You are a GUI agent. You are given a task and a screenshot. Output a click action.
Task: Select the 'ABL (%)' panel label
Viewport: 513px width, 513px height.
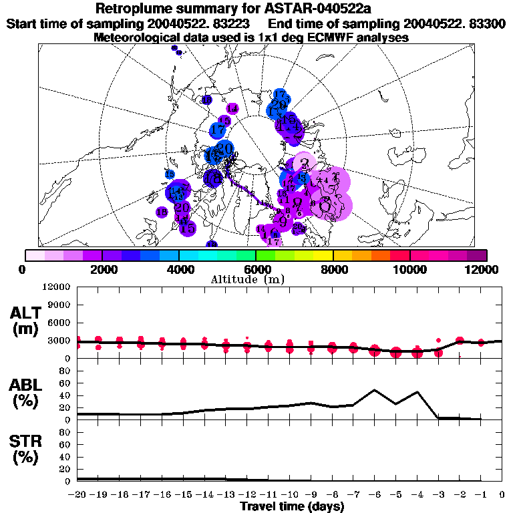[x=27, y=393]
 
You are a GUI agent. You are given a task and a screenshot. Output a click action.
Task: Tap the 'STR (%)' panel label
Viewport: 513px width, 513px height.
[x=27, y=450]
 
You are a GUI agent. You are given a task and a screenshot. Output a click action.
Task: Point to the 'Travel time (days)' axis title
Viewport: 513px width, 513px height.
[x=292, y=507]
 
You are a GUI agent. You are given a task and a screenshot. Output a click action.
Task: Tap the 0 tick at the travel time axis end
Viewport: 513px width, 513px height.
[x=502, y=495]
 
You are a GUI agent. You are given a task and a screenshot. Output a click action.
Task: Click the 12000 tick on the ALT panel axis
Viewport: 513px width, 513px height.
[x=57, y=287]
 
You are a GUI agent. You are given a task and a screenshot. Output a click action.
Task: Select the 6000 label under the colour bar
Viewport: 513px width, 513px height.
[x=256, y=269]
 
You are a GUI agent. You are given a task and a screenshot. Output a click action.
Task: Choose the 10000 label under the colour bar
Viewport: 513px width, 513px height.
[x=410, y=269]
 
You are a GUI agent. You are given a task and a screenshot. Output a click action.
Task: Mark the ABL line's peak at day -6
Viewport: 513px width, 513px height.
[x=375, y=390]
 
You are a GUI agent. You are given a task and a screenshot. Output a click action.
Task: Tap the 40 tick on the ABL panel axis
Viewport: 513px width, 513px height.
[x=65, y=395]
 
